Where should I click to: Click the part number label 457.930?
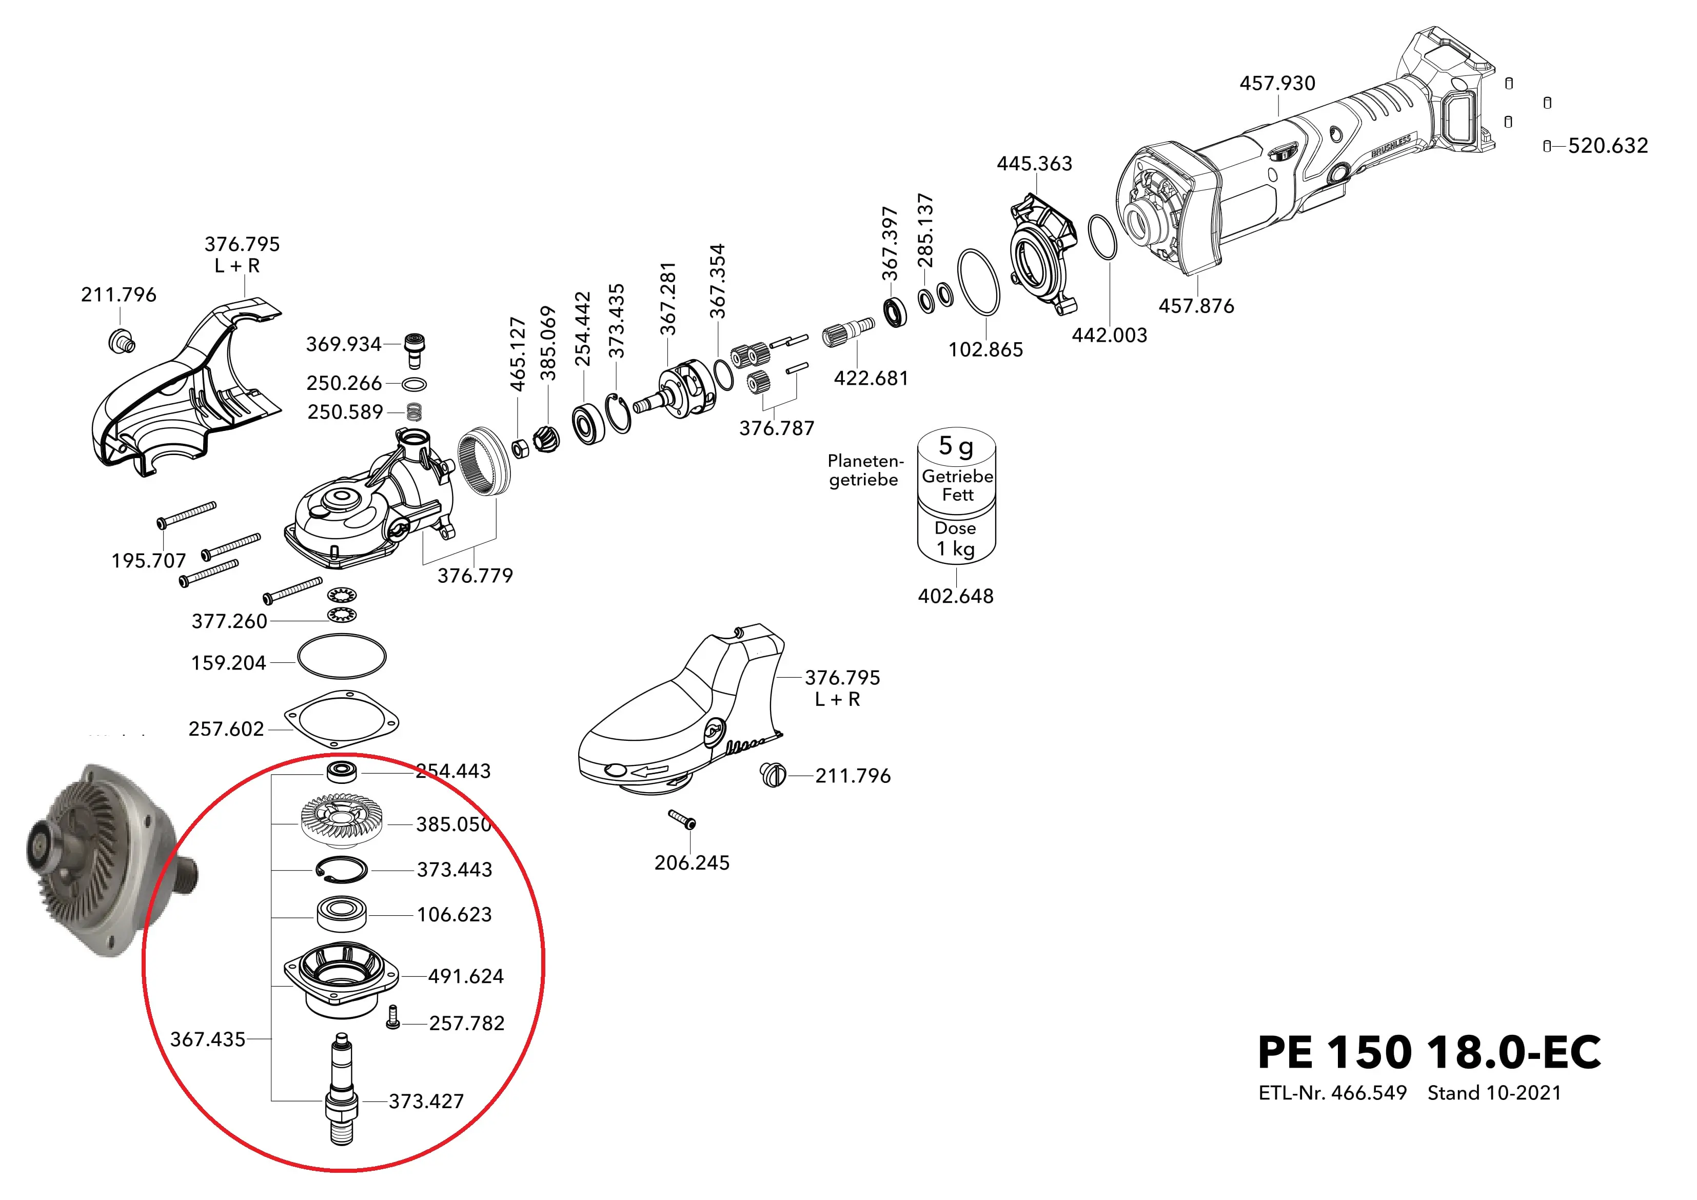click(1277, 83)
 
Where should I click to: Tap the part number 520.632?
click(1608, 146)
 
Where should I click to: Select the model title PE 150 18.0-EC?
click(1429, 1052)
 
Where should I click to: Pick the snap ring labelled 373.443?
click(342, 870)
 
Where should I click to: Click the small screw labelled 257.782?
click(393, 1017)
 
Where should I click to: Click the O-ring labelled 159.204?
click(342, 657)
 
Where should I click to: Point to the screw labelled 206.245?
click(683, 819)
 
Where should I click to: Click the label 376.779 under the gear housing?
click(475, 575)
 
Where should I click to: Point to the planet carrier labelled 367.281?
click(687, 388)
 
